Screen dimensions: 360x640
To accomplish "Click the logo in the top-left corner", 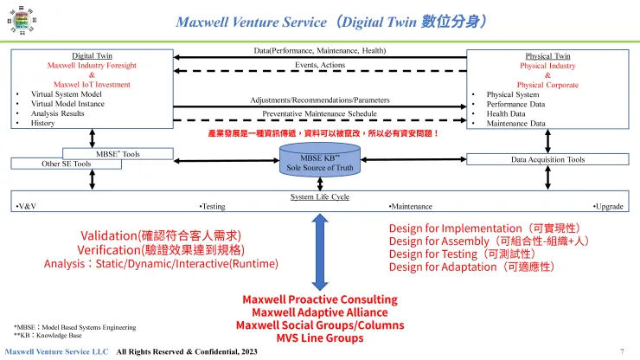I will tap(18, 20).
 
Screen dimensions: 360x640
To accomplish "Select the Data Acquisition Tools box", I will tap(547, 159).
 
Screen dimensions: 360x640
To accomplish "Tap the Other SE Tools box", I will tap(67, 163).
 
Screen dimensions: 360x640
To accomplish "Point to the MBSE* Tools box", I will tap(118, 153).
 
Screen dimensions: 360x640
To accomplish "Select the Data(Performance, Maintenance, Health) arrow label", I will tap(319, 51).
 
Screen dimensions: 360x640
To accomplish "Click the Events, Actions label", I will tap(319, 65).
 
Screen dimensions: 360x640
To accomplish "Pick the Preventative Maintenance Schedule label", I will tap(319, 113).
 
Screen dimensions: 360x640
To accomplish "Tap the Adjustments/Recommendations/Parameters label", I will tap(319, 100).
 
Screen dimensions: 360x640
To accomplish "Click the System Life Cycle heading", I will tap(319, 197).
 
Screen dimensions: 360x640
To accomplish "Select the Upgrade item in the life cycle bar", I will tap(609, 207).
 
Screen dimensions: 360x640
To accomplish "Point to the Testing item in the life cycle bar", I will tap(213, 207).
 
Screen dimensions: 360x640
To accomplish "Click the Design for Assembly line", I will tap(489, 241).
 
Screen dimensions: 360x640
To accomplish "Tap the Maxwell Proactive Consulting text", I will tap(320, 299).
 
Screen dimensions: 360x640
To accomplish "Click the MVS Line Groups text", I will tap(320, 337).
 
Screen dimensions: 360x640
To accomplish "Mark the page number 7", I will tap(622, 351).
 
